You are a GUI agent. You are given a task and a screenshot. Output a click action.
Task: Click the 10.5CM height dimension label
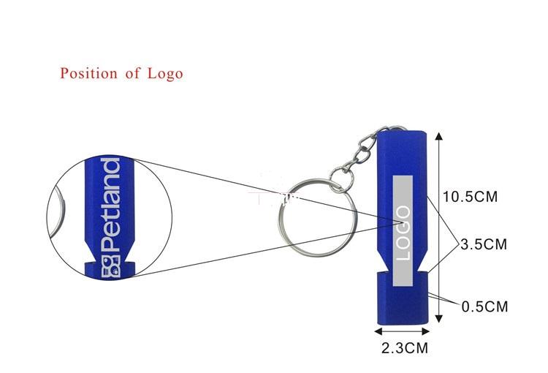[x=470, y=197]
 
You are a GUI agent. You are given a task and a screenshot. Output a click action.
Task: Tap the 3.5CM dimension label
[x=484, y=244]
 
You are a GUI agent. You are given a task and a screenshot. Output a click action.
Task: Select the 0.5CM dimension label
[x=484, y=306]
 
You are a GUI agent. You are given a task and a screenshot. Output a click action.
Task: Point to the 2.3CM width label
[x=405, y=348]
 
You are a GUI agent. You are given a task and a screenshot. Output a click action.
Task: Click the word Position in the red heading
[x=88, y=73]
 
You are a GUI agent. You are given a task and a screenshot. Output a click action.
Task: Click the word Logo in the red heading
[x=165, y=74]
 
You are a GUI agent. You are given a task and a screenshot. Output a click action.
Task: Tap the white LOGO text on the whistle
[x=403, y=233]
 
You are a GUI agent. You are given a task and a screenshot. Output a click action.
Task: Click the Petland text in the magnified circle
[x=110, y=205]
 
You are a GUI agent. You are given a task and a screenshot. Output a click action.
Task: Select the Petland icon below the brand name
[x=111, y=268]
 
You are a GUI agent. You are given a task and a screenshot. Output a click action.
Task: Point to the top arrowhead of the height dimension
[x=439, y=136]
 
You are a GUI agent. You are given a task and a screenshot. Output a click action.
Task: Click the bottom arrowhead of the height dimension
[x=439, y=318]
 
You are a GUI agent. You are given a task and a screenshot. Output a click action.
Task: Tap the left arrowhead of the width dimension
[x=378, y=331]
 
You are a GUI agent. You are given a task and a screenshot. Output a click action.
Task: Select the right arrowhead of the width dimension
[x=425, y=331]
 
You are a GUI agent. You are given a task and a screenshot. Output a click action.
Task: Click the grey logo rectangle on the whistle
[x=403, y=231]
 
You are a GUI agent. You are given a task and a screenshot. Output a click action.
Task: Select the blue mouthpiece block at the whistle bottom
[x=403, y=298]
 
